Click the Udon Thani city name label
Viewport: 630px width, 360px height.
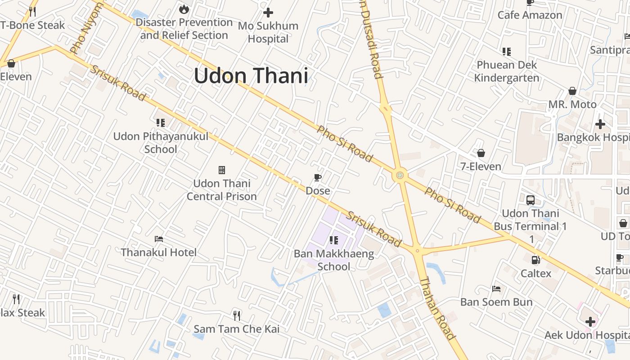coord(251,76)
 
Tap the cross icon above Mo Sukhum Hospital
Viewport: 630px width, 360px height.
coord(268,13)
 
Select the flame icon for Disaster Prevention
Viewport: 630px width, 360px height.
coord(184,9)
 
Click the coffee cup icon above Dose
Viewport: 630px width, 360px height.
coord(318,178)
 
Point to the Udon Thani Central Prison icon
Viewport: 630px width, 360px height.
coord(222,170)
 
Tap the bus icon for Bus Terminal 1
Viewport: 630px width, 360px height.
coord(531,200)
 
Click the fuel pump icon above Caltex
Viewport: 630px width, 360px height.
coord(535,260)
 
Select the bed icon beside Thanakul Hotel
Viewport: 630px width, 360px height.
coord(158,239)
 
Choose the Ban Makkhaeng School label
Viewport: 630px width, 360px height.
coord(334,260)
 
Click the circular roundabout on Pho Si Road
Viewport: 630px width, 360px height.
coord(400,175)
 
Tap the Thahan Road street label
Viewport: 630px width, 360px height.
coord(438,308)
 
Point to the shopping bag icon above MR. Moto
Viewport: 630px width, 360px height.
coord(572,91)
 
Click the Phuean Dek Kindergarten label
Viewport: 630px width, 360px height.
coord(507,71)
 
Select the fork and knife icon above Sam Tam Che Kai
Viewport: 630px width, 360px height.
coord(237,315)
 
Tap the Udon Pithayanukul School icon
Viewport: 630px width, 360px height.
coord(161,122)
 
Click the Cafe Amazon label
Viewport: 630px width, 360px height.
coord(530,15)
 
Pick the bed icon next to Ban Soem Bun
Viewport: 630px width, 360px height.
coord(496,288)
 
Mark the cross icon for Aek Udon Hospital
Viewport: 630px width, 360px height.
coord(590,322)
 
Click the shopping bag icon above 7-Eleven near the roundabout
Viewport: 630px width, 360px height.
coord(481,153)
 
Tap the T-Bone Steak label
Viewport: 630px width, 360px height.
coord(33,25)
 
